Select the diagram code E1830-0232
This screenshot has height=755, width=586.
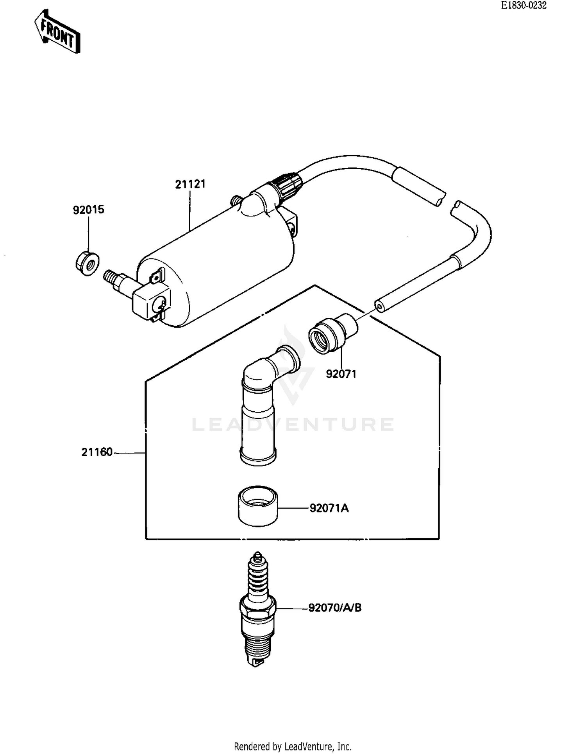click(x=523, y=5)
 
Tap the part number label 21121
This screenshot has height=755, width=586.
click(x=190, y=184)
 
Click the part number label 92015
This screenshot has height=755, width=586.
click(x=89, y=210)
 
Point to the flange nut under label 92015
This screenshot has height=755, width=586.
click(x=87, y=264)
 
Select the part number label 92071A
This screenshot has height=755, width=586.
click(x=329, y=508)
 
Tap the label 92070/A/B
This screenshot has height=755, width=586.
click(x=335, y=608)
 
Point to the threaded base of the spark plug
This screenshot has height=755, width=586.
click(x=257, y=645)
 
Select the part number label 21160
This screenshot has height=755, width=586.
click(x=97, y=452)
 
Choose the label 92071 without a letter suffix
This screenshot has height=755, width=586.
click(x=341, y=374)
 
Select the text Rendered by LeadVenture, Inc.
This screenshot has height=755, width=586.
click(x=293, y=746)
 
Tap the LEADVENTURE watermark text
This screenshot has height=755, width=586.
click(x=293, y=425)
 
